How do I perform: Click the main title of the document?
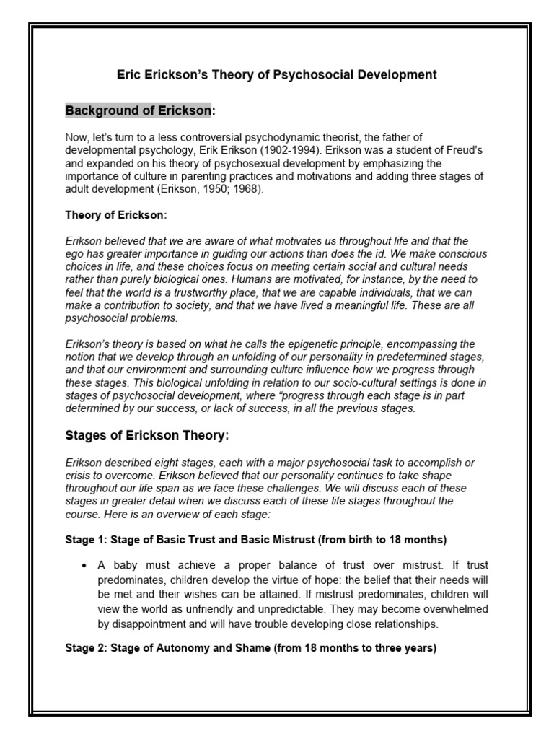pyautogui.click(x=277, y=74)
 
